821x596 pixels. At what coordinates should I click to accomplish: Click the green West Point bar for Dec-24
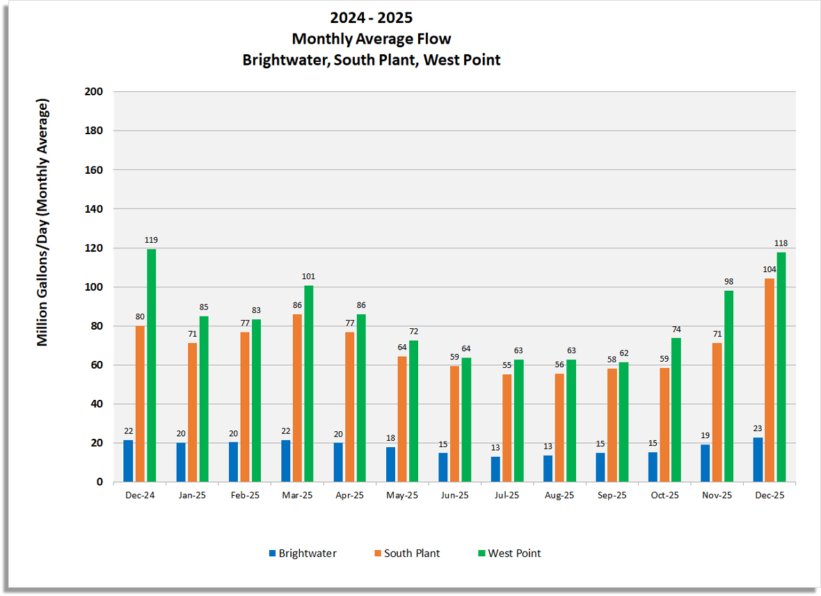coord(151,365)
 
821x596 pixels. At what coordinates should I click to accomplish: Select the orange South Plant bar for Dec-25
coord(770,380)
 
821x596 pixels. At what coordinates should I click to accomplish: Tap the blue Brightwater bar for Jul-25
coord(495,469)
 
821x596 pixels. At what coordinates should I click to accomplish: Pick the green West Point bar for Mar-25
coord(308,383)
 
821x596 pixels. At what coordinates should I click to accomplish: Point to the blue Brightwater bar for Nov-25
coord(706,462)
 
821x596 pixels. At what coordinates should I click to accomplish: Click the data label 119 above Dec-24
coord(151,240)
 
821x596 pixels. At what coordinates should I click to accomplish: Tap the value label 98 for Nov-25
coord(728,282)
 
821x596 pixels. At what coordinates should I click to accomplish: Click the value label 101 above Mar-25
coord(308,276)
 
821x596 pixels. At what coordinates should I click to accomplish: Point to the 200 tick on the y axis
coord(93,92)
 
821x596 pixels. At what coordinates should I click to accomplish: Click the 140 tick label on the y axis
coord(93,209)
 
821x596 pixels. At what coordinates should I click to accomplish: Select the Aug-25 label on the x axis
coord(559,495)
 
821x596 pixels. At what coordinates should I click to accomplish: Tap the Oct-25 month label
coord(664,495)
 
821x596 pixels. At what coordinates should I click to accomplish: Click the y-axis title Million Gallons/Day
coord(43,223)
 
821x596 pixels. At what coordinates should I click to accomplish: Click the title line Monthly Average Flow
coord(371,38)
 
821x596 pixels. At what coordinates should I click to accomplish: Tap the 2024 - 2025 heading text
coord(372,17)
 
